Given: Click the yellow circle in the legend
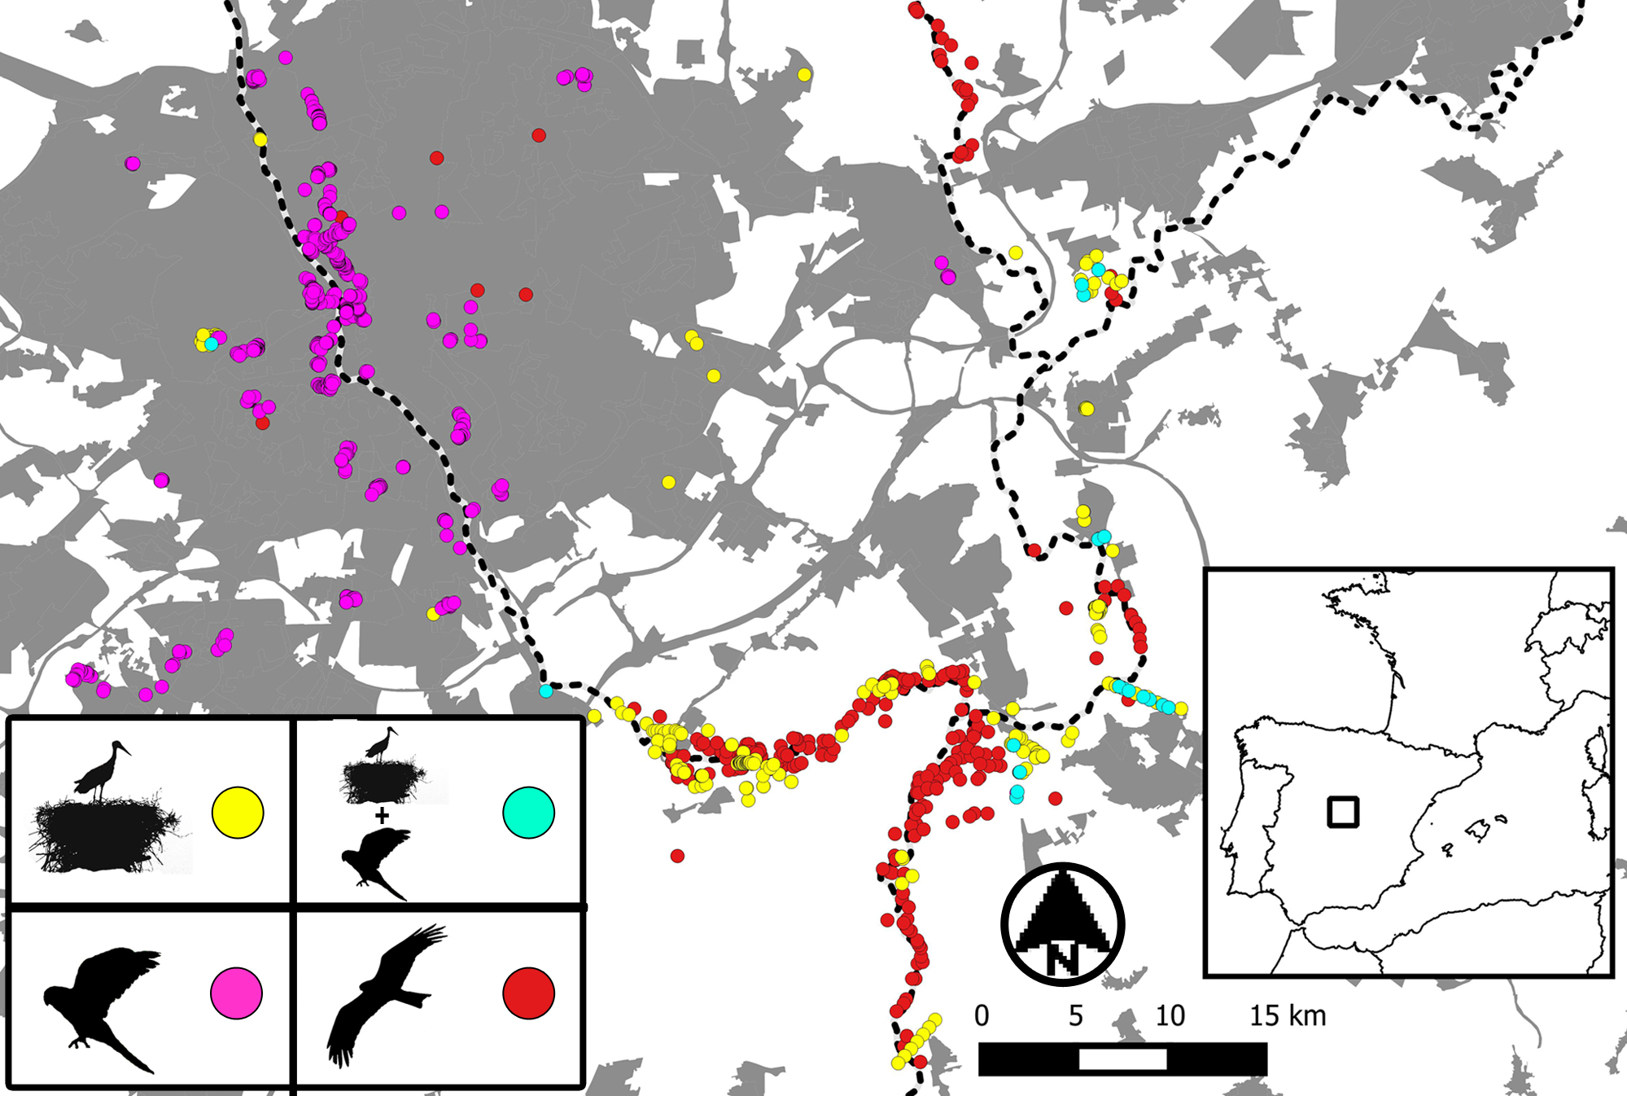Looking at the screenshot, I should click(238, 812).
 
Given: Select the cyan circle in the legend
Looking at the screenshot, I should click(529, 812).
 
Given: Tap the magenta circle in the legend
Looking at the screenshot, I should click(237, 993).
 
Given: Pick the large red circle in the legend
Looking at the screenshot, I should click(529, 993).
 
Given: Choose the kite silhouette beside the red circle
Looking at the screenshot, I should click(383, 993).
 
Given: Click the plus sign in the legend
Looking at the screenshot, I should click(382, 814).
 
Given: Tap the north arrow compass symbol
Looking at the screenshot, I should click(1062, 924).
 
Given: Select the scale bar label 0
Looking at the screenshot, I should click(982, 1015).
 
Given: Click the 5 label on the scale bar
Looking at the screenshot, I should click(1076, 1015).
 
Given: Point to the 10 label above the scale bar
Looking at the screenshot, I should click(1170, 1015).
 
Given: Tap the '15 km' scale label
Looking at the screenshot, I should click(1288, 1015).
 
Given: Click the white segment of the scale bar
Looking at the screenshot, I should click(1122, 1059).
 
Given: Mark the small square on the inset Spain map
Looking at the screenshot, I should click(1343, 812).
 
